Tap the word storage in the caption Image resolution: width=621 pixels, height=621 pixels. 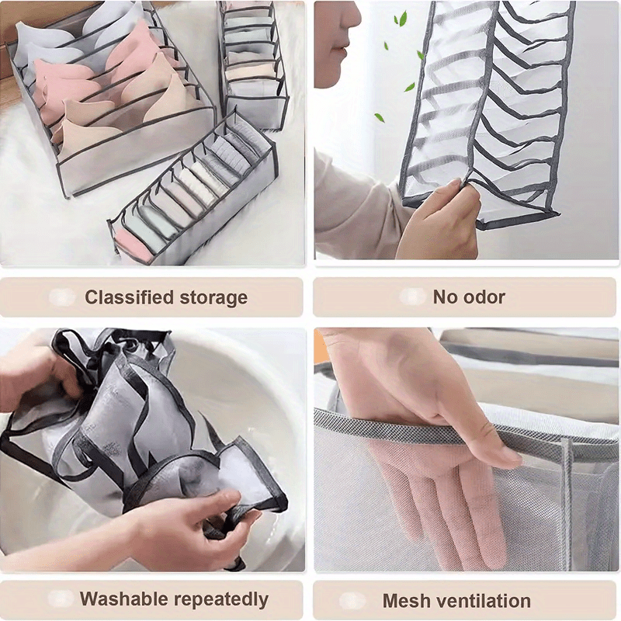[215, 297]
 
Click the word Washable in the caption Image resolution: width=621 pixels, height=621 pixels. [123, 599]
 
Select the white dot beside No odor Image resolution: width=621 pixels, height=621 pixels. [411, 297]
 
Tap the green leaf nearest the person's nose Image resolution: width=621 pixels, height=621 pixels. [401, 19]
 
